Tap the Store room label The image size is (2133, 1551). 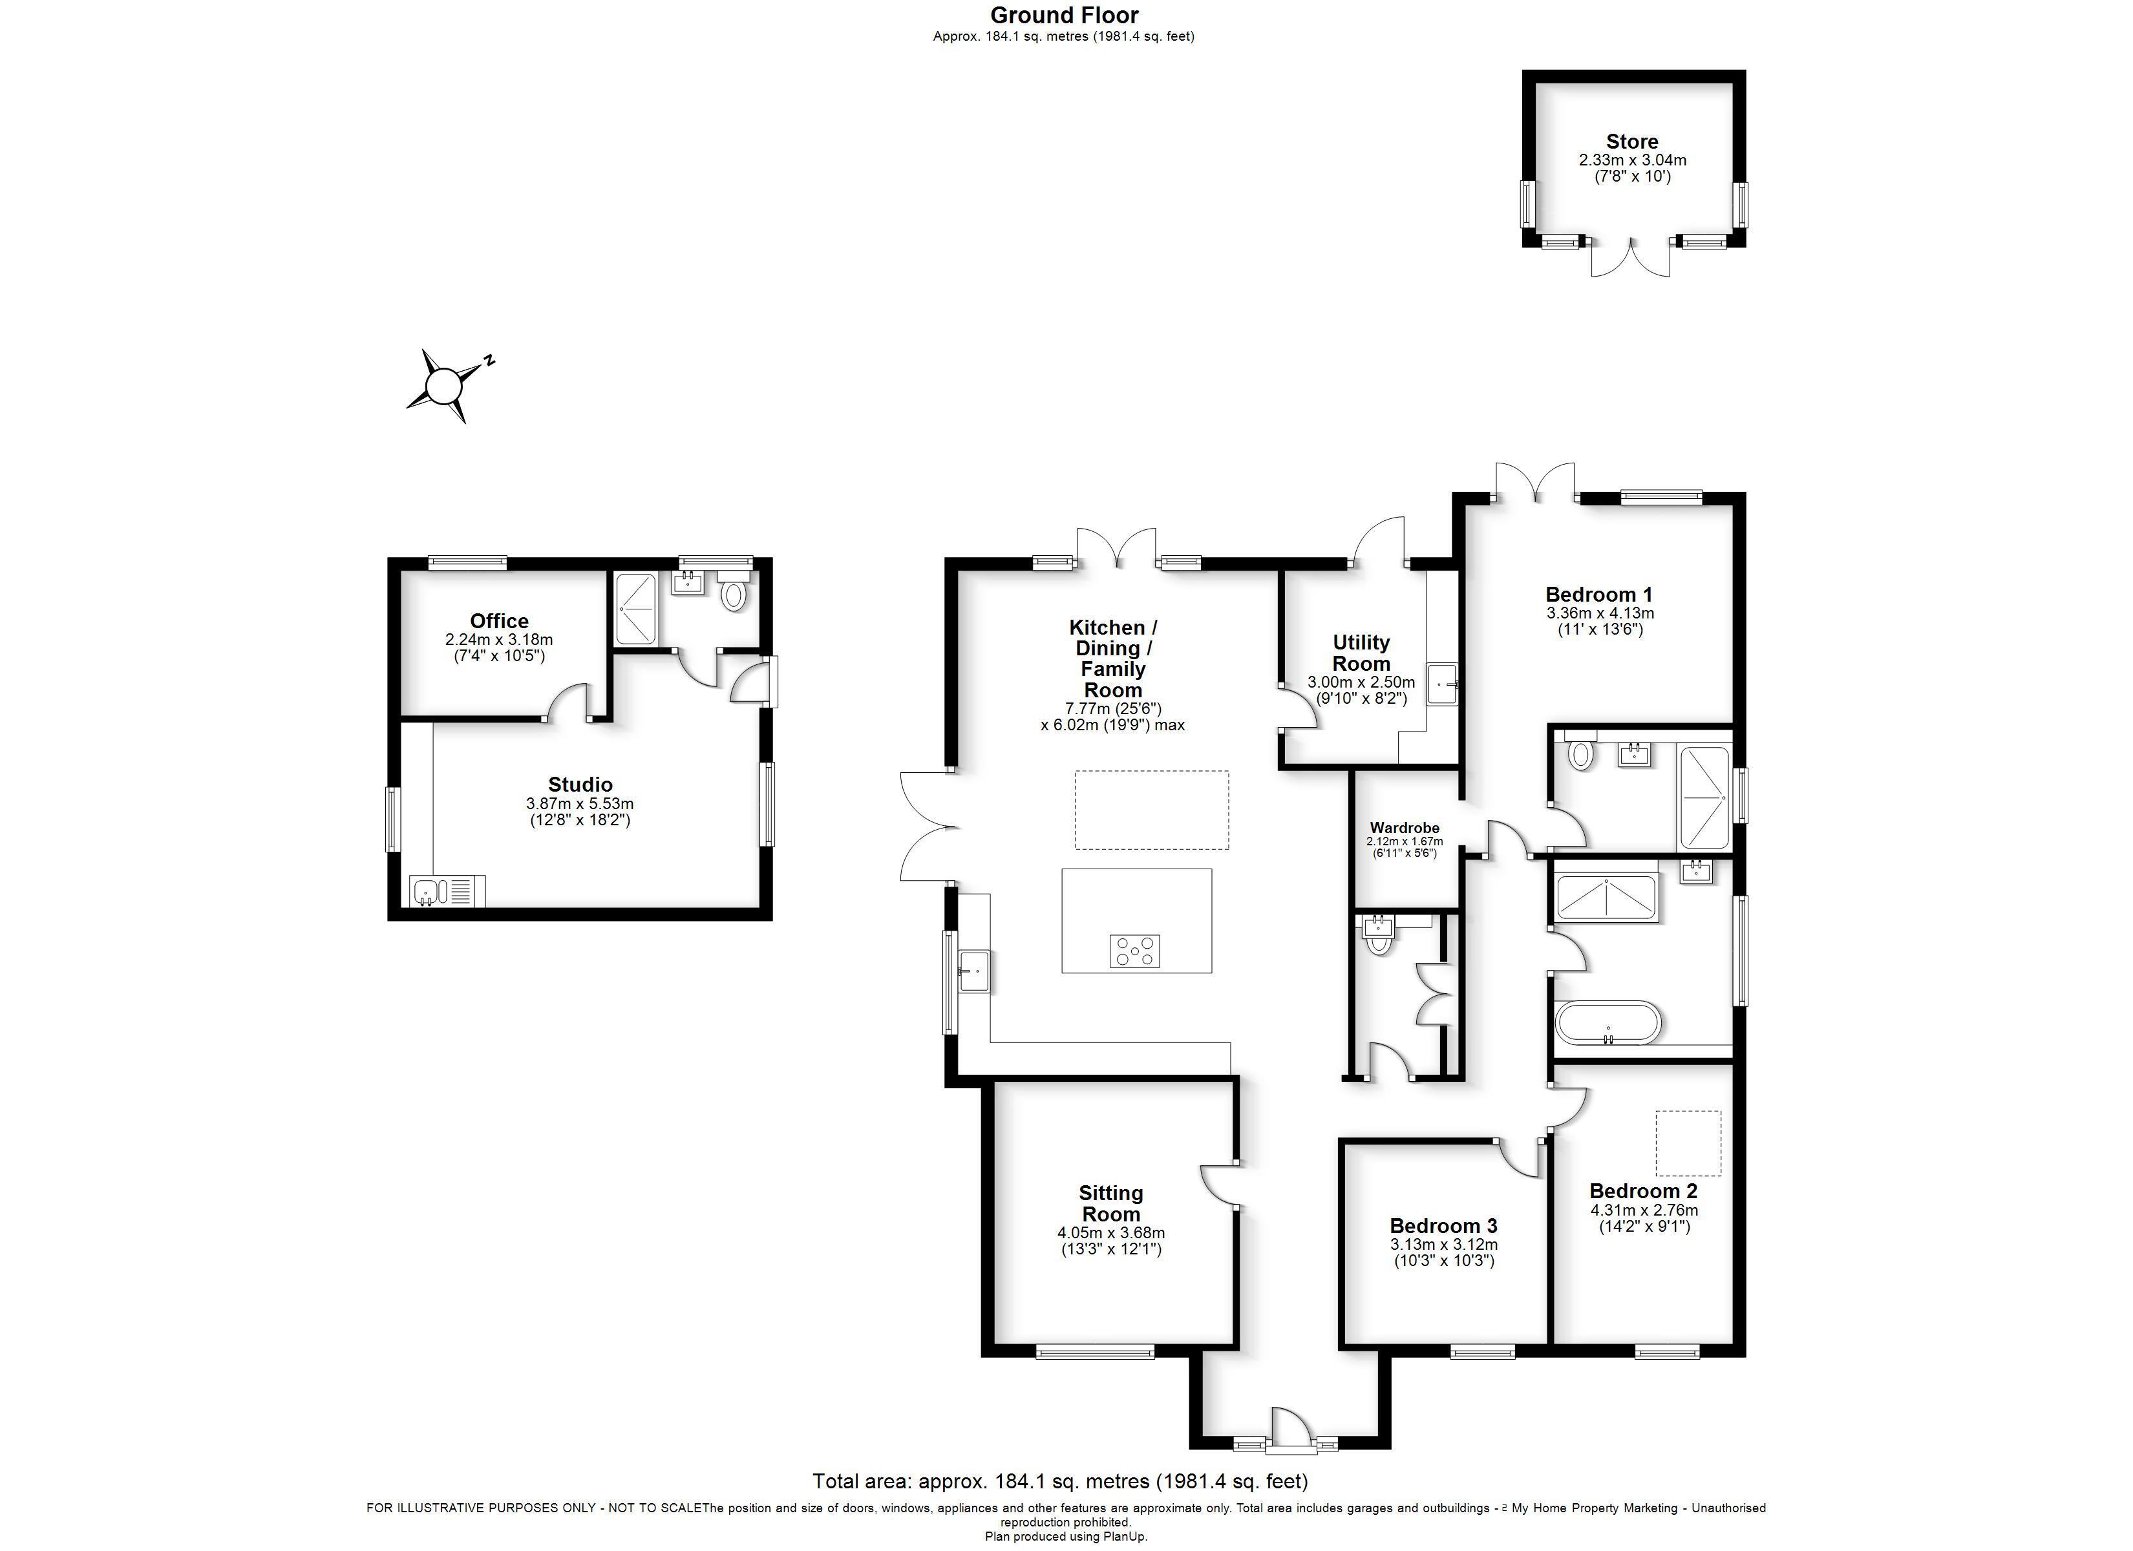coord(1631,142)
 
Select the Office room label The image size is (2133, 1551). coord(500,621)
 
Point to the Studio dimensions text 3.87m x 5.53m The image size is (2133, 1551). coord(580,804)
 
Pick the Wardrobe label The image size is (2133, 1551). coord(1404,828)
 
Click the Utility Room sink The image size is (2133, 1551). coord(1443,684)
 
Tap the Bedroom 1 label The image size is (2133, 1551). coord(1599,595)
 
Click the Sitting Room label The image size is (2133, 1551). coord(1110,1203)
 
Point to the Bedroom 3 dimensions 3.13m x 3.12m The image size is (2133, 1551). coord(1443,1245)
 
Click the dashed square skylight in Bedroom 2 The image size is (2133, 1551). coord(1688,1143)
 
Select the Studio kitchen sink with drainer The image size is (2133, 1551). coord(448,890)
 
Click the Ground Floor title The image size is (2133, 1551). coord(1064,15)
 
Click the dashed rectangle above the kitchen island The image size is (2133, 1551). coord(1151,810)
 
